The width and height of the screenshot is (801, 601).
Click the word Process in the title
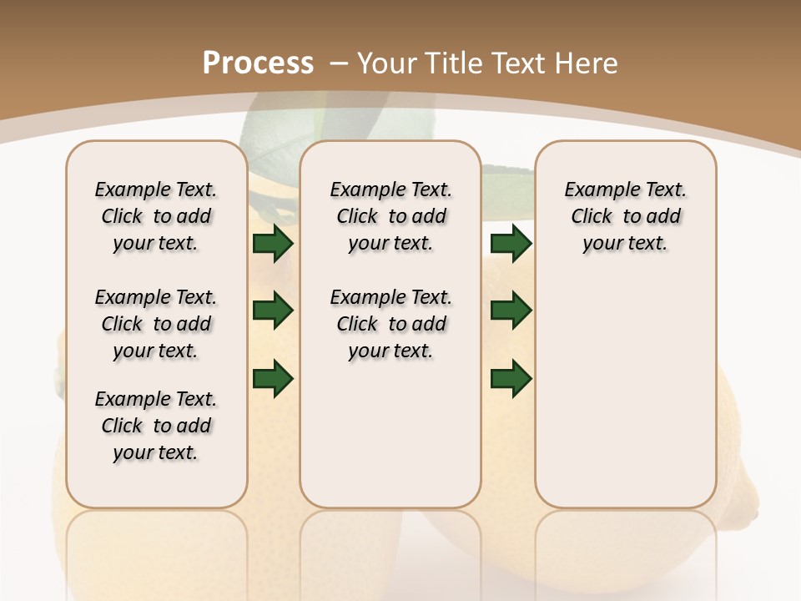click(x=258, y=63)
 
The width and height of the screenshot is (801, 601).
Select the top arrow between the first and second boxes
click(x=273, y=243)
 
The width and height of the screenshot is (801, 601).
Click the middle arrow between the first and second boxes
click(x=273, y=311)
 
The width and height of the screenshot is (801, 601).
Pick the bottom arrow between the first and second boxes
click(x=273, y=378)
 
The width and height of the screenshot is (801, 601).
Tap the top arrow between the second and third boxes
click(x=511, y=243)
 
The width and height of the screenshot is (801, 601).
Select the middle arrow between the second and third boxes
click(x=511, y=311)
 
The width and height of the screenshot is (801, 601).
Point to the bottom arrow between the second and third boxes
click(x=511, y=378)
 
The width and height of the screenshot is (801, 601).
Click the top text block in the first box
click(x=156, y=216)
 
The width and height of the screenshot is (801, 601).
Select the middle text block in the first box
click(x=156, y=324)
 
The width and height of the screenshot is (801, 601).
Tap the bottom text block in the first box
click(x=156, y=426)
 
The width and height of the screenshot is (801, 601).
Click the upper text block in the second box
click(x=390, y=216)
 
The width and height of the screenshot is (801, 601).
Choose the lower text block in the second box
click(x=390, y=324)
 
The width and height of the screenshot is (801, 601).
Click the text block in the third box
click(x=625, y=216)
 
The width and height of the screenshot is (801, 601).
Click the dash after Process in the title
click(x=338, y=63)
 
